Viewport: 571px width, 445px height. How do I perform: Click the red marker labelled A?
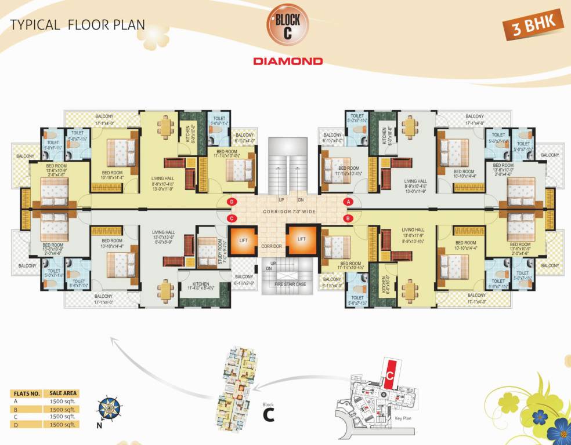(x=349, y=201)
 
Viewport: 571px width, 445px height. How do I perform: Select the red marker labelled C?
(x=232, y=218)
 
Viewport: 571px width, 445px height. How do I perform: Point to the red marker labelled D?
(x=232, y=201)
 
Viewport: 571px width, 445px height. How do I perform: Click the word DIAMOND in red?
(x=288, y=60)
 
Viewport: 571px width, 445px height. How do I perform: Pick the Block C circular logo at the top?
(x=288, y=27)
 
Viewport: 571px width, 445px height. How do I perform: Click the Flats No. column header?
(x=27, y=393)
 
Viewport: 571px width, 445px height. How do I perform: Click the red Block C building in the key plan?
(x=391, y=373)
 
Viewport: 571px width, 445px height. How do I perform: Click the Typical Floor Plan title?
(x=78, y=25)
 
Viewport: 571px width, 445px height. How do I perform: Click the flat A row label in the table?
(x=16, y=402)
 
